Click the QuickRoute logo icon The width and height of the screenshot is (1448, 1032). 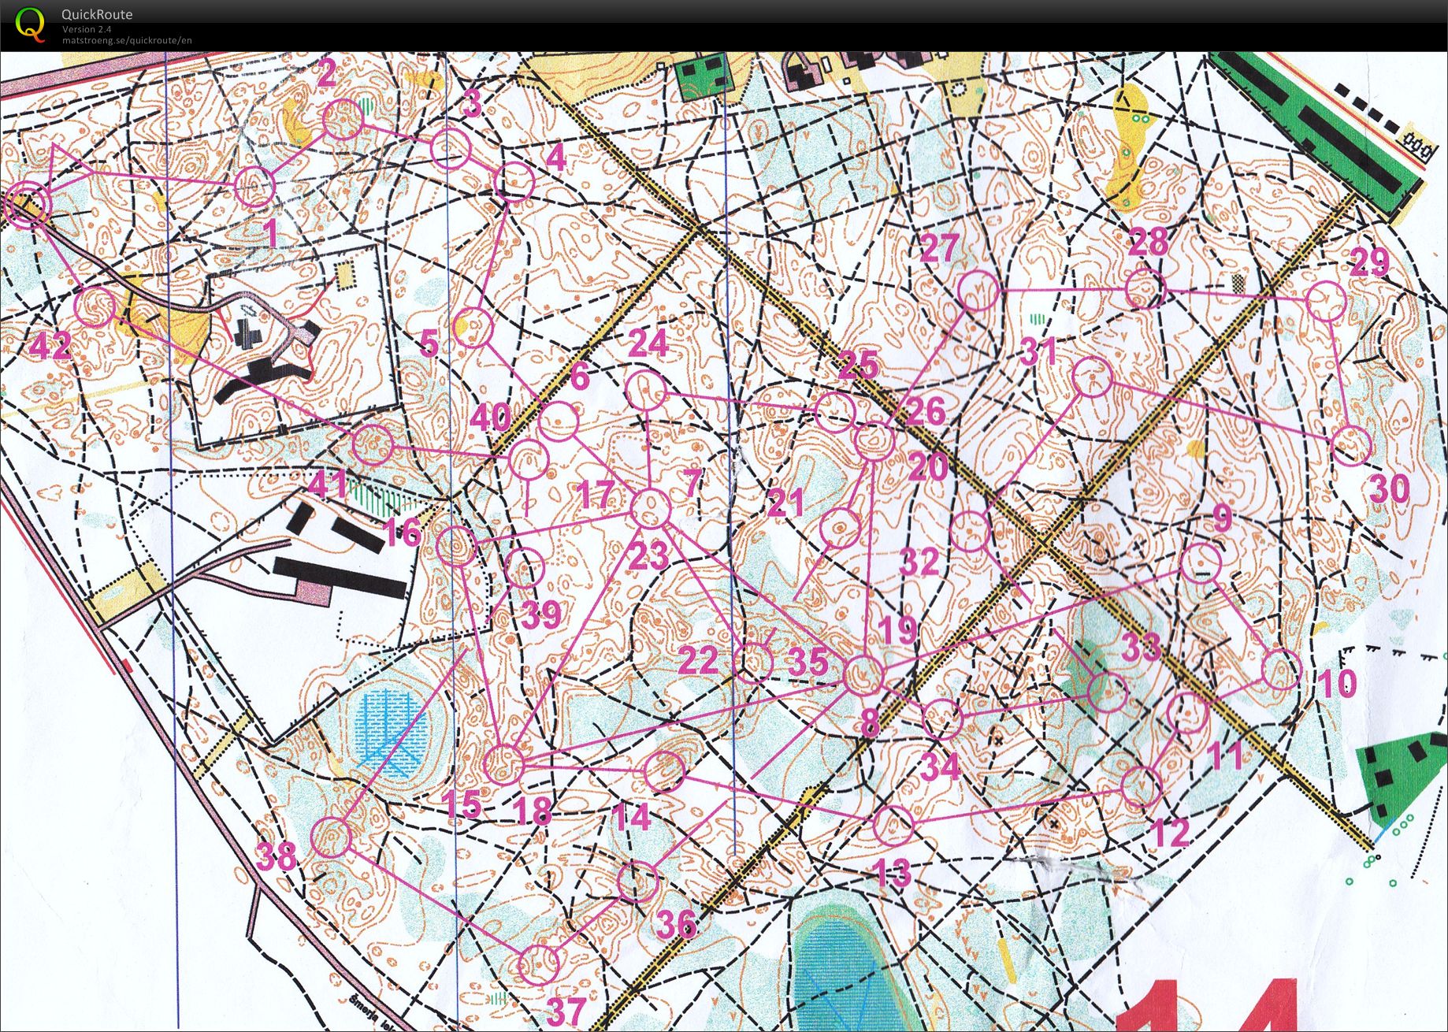[x=31, y=24]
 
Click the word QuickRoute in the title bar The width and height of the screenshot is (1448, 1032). [x=97, y=14]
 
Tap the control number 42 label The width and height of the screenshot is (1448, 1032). [x=50, y=345]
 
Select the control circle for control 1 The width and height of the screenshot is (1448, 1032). [x=256, y=187]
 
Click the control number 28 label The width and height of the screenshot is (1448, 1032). [x=1147, y=242]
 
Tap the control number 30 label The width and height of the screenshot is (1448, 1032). [x=1390, y=490]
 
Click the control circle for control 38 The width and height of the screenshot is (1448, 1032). [x=331, y=837]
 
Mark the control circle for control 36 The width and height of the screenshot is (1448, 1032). [x=637, y=881]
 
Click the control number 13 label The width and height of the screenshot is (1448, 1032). [x=893, y=873]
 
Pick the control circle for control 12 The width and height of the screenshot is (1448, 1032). [x=1142, y=785]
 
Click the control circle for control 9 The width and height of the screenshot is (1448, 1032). [x=1201, y=562]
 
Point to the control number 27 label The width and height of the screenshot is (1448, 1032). [x=938, y=249]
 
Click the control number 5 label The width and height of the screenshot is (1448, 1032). [x=429, y=343]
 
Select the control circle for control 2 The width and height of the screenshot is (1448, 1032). [x=343, y=120]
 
